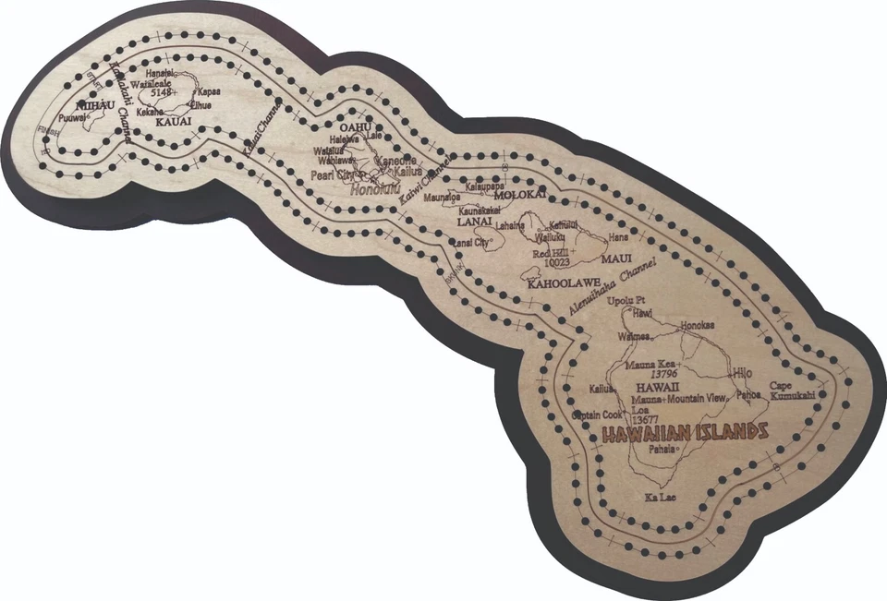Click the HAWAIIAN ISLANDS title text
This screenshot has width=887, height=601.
pos(684,432)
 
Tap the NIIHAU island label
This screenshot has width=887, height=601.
pos(93,106)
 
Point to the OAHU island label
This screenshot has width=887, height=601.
pos(355,126)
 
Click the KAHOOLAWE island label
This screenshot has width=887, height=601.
pos(565,282)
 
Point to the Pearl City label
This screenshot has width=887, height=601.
pos(334,174)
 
